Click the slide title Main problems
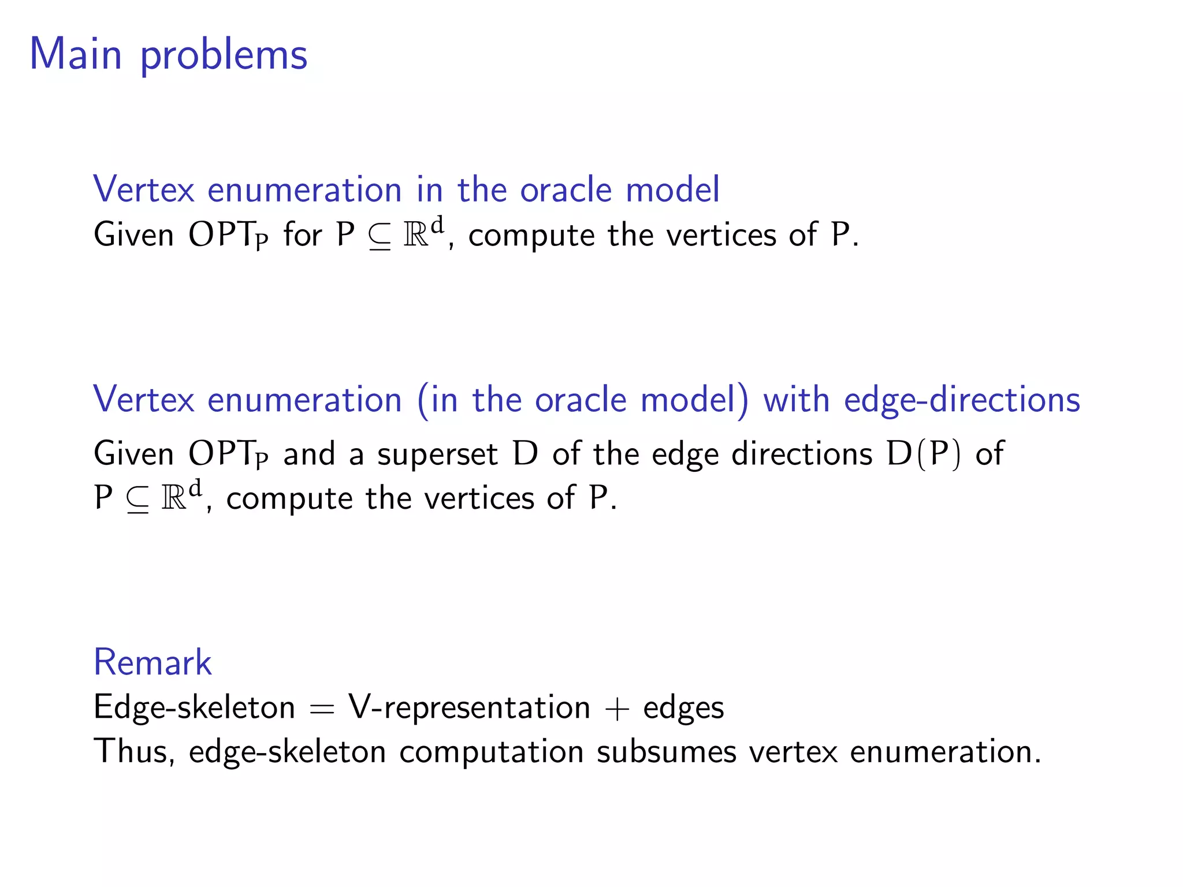(x=168, y=55)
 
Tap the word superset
(x=437, y=454)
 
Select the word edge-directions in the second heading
(x=962, y=400)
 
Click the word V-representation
(x=469, y=707)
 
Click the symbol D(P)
(x=924, y=454)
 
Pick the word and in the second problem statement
(x=309, y=454)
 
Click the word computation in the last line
(x=491, y=752)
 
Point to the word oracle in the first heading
(x=566, y=189)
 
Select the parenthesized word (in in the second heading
(x=437, y=400)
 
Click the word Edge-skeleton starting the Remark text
(x=194, y=707)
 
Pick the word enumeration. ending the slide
(x=945, y=752)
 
